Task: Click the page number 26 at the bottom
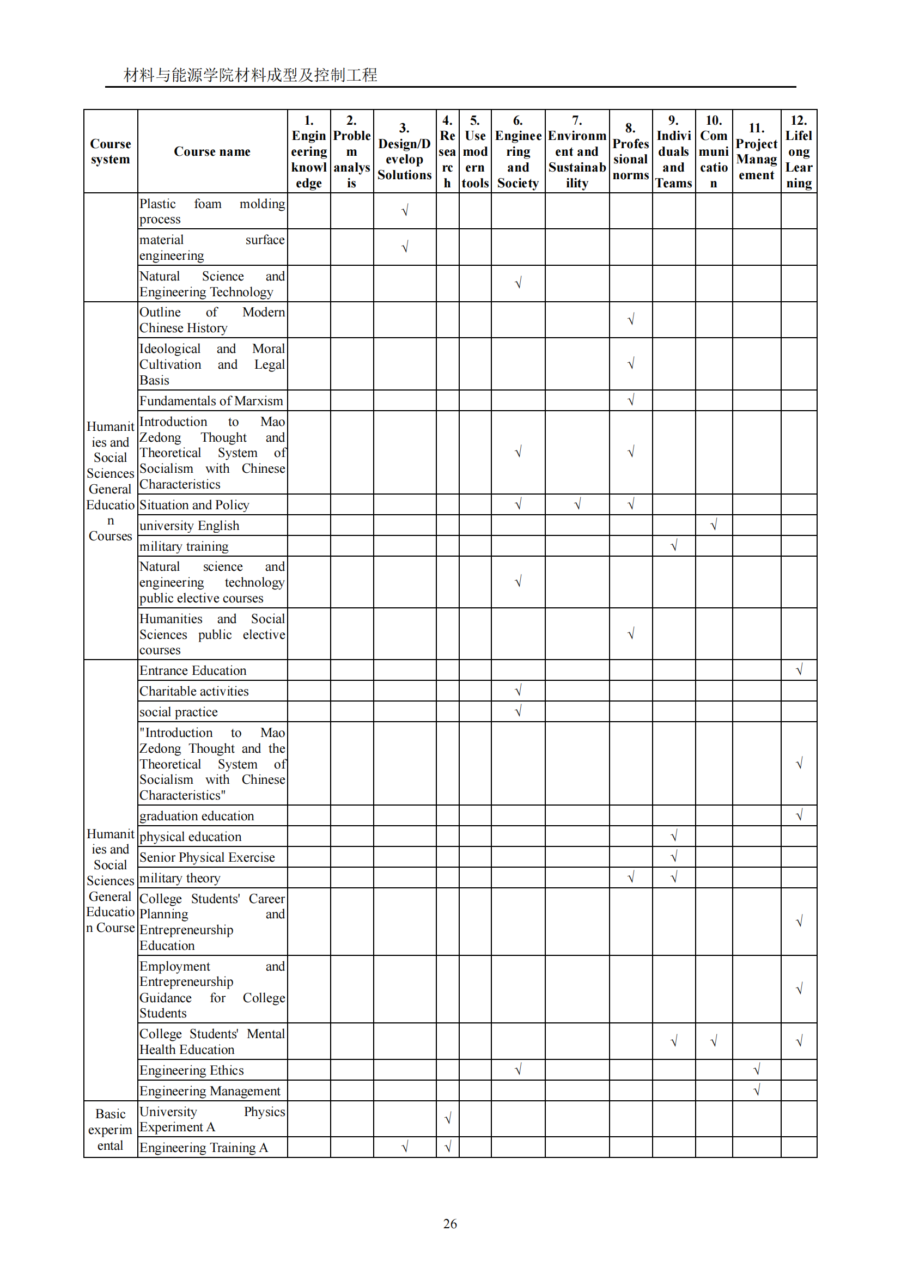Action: (x=450, y=1223)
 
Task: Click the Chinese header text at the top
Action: (x=250, y=75)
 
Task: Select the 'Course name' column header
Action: (x=212, y=151)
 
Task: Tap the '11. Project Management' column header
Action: (x=756, y=151)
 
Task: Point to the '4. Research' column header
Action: (x=447, y=151)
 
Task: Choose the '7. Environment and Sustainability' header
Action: (x=577, y=151)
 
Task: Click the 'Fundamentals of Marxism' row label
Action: (x=211, y=401)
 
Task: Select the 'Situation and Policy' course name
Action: (x=194, y=505)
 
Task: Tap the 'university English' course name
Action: (x=189, y=526)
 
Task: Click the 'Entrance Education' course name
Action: (x=192, y=670)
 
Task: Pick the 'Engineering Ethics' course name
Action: (x=191, y=1070)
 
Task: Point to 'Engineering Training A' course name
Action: (x=204, y=1148)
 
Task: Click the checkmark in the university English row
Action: (x=714, y=525)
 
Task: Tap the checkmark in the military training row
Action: (x=674, y=545)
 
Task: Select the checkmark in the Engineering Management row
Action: (x=757, y=1090)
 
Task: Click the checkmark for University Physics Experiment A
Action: (x=448, y=1118)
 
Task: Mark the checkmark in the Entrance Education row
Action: (x=800, y=670)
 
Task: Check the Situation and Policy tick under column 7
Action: (x=577, y=504)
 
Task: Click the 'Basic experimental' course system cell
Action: (x=111, y=1130)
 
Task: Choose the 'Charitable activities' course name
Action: (x=193, y=691)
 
